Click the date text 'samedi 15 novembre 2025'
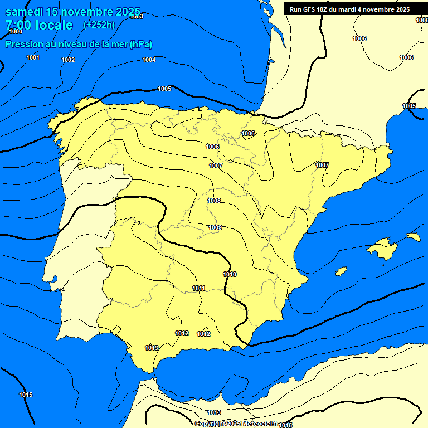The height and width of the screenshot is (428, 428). point(73,11)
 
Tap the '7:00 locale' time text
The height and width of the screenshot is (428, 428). point(39,25)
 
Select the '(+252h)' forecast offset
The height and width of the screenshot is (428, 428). point(99,25)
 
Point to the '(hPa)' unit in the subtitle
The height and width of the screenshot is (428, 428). point(141,45)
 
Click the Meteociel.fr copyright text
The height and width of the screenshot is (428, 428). point(236,424)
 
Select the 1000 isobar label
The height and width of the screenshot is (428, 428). point(16,32)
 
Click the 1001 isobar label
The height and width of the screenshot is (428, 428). point(33,58)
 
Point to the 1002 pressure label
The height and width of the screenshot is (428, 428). point(68,60)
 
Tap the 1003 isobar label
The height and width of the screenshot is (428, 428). point(137,17)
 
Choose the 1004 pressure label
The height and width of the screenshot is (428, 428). point(149,60)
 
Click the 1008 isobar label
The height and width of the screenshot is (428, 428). point(214,201)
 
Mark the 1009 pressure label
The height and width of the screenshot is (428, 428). point(215,227)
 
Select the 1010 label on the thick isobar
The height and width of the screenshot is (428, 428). point(230,274)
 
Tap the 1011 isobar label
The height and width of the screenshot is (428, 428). point(198,288)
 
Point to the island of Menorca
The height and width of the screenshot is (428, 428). point(413,237)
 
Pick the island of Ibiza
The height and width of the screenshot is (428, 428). point(341,271)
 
